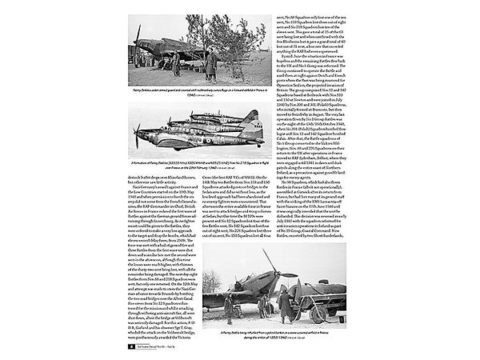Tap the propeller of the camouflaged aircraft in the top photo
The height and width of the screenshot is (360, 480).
click(x=138, y=40)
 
